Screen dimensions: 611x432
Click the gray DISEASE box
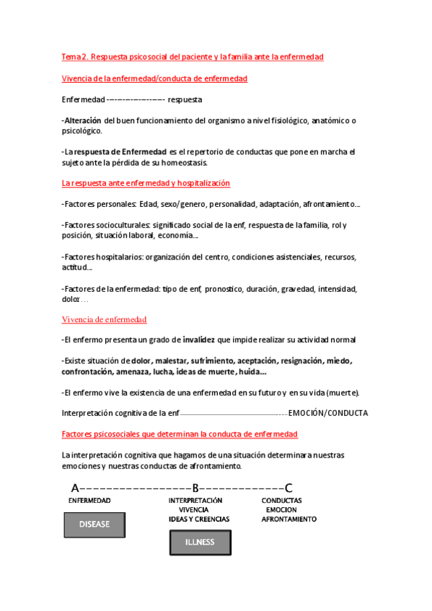pyautogui.click(x=94, y=525)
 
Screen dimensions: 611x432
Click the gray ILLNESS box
pyautogui.click(x=200, y=543)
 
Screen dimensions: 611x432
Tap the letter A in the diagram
pyautogui.click(x=75, y=487)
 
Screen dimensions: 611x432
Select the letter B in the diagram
pyautogui.click(x=195, y=487)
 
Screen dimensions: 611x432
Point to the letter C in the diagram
pyautogui.click(x=288, y=487)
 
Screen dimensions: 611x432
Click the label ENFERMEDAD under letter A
pyautogui.click(x=89, y=500)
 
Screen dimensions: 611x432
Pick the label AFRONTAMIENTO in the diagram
pyautogui.click(x=288, y=519)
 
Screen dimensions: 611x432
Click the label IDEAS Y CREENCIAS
pyautogui.click(x=199, y=519)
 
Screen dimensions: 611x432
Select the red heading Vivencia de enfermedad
pyautogui.click(x=105, y=319)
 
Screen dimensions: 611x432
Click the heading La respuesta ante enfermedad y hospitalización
pyautogui.click(x=146, y=184)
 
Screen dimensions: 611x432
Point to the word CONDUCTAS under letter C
pyautogui.click(x=281, y=500)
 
